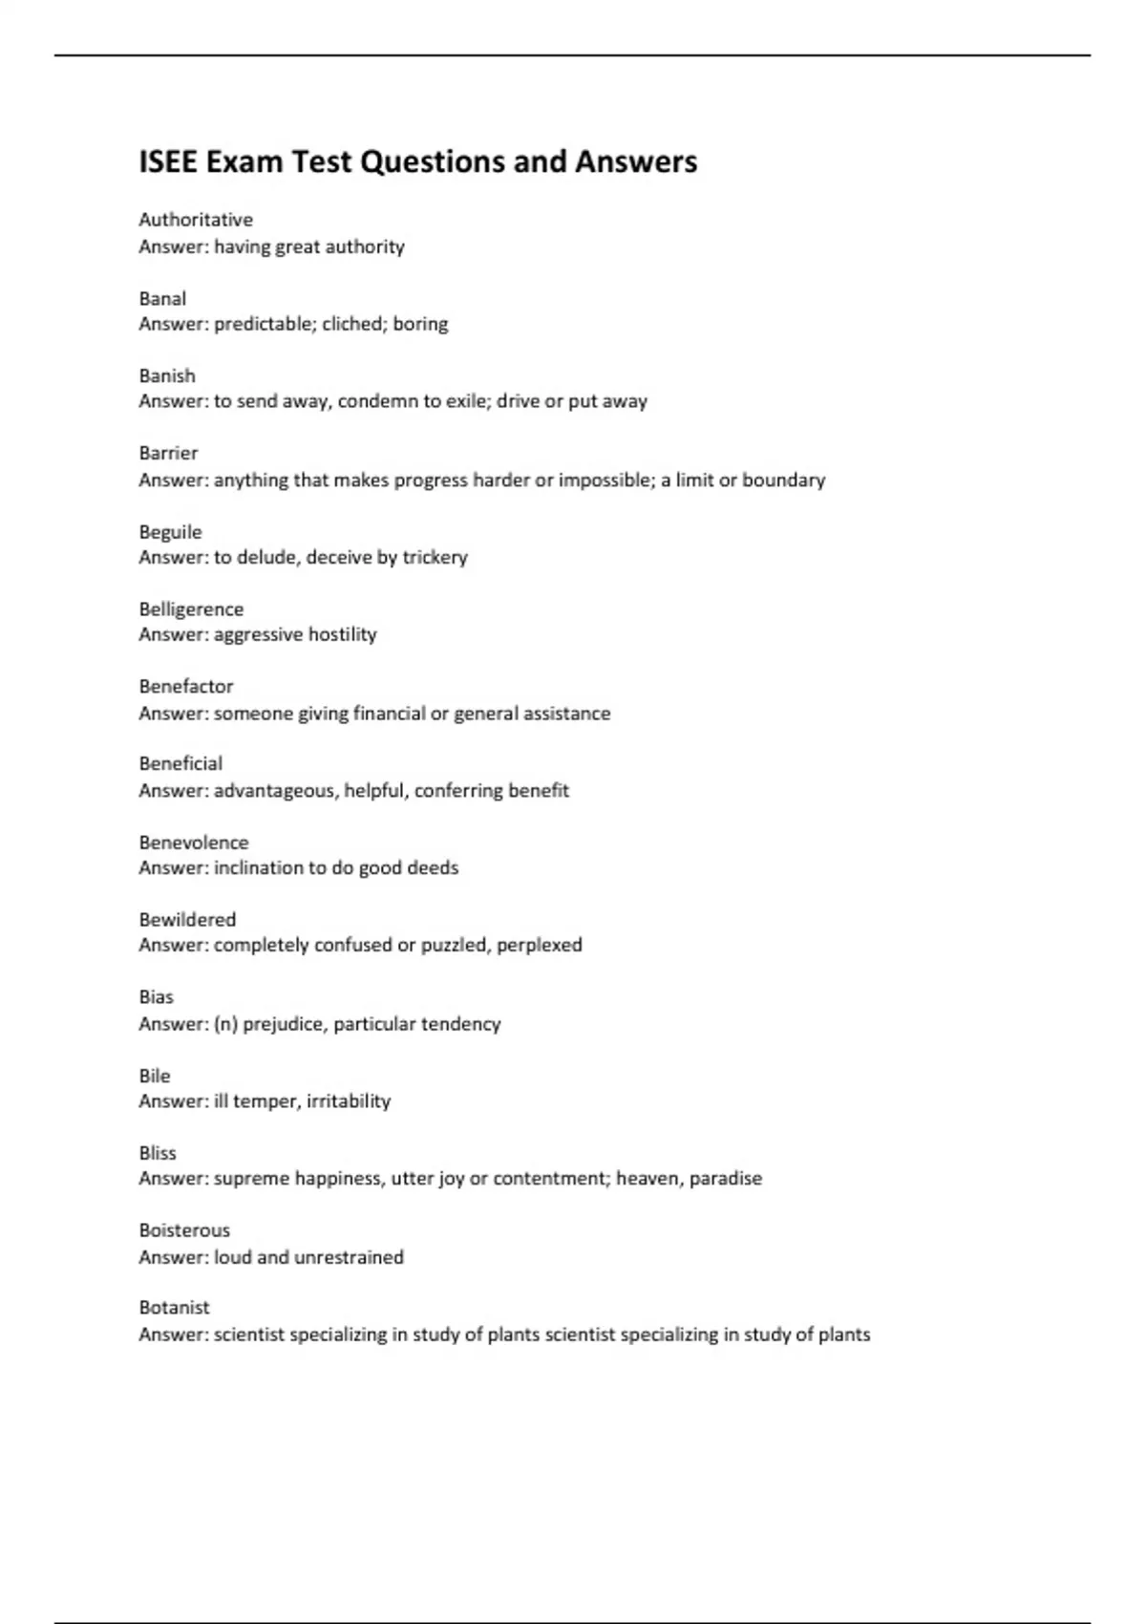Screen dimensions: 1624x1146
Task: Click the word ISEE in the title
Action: pyautogui.click(x=169, y=161)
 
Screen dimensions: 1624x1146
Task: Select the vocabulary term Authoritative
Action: pyautogui.click(x=196, y=220)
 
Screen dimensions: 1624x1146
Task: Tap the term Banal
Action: pyautogui.click(x=162, y=298)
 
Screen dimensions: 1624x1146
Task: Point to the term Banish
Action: pyautogui.click(x=167, y=375)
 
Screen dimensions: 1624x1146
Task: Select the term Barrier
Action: pyautogui.click(x=168, y=453)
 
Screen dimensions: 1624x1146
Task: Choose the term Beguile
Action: pyautogui.click(x=170, y=531)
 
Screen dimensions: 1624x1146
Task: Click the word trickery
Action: pyautogui.click(x=435, y=557)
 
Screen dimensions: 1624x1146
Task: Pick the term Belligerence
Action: pyautogui.click(x=191, y=609)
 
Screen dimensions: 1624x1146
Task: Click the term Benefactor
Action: pyautogui.click(x=185, y=686)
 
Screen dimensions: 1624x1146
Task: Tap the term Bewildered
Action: pyautogui.click(x=187, y=919)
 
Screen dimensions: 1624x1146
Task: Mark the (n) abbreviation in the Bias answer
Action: pyautogui.click(x=225, y=1024)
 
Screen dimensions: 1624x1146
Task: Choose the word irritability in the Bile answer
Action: pyautogui.click(x=349, y=1101)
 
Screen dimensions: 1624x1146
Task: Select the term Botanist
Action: pyautogui.click(x=174, y=1307)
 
